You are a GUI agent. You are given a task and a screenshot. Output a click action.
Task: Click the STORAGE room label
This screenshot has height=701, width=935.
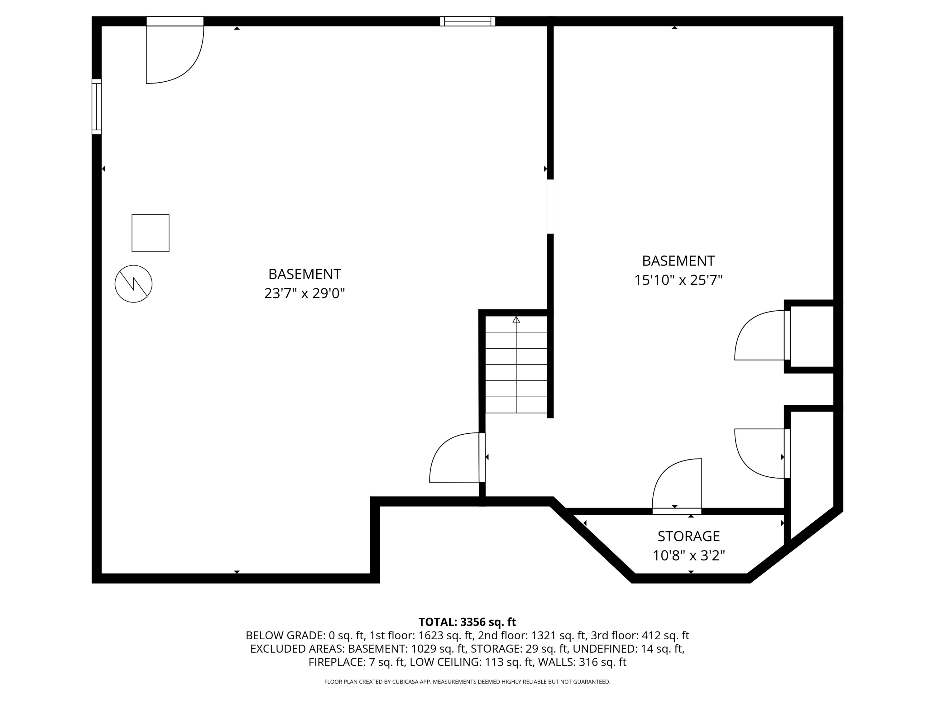pos(688,536)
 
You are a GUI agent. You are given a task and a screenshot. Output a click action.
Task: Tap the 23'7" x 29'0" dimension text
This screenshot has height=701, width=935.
pos(304,293)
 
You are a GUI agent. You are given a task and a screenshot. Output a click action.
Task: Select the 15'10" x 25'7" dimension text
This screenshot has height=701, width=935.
pos(678,280)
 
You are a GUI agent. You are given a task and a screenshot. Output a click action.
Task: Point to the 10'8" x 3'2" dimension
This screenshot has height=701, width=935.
pos(688,555)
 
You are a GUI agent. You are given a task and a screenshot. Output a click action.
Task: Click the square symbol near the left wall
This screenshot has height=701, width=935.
pos(151,233)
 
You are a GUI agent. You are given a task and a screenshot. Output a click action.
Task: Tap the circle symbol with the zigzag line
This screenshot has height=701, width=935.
pos(134,284)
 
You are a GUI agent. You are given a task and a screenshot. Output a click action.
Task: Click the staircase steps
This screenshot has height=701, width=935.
pos(516,372)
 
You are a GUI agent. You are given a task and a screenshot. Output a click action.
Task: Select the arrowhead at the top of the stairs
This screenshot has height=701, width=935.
pos(516,320)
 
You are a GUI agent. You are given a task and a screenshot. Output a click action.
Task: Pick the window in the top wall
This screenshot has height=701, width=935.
pos(467,21)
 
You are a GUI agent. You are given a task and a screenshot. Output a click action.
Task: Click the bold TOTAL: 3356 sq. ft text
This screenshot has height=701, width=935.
pos(467,622)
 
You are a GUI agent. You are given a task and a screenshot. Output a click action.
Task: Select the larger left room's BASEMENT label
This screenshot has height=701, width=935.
pos(304,274)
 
